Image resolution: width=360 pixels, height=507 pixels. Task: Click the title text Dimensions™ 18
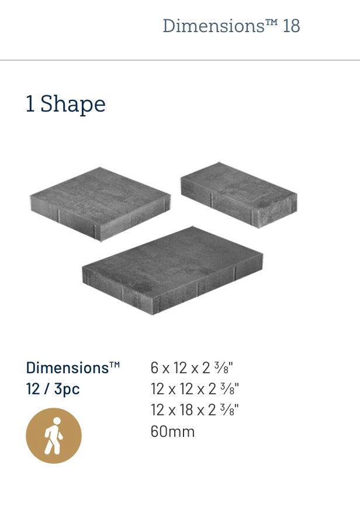pos(231,26)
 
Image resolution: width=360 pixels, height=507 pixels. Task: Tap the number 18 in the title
pos(292,26)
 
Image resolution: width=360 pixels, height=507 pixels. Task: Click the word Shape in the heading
pos(73,104)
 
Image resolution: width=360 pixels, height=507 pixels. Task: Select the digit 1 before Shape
pos(30,104)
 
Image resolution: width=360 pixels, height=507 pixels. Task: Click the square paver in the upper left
pos(101,204)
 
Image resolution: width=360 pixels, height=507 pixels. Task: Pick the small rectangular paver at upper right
pos(239,195)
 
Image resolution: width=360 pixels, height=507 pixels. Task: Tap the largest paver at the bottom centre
pos(172,270)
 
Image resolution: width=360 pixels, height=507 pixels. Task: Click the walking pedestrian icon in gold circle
pos(54,436)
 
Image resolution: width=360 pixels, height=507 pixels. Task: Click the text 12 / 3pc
pos(53,389)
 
